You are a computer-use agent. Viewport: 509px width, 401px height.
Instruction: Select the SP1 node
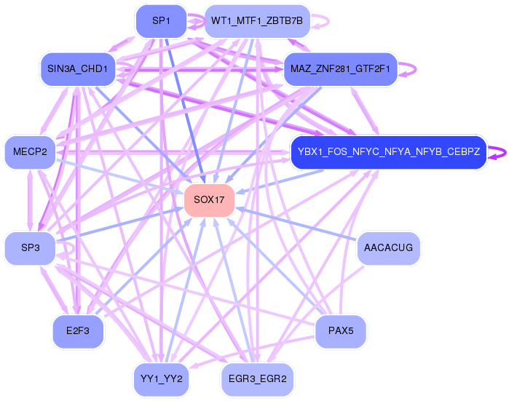[x=160, y=21]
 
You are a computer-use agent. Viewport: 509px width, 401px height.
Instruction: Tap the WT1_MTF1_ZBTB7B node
[x=257, y=21]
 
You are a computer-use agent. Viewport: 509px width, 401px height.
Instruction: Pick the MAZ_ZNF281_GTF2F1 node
[x=340, y=69]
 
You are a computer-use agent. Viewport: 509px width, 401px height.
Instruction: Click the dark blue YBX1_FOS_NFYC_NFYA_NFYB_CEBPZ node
[x=388, y=152]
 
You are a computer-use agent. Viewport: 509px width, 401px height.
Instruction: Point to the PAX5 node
[x=340, y=331]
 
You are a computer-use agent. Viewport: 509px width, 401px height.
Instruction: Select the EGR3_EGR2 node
[x=257, y=379]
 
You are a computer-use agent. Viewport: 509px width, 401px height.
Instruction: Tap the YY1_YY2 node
[x=161, y=379]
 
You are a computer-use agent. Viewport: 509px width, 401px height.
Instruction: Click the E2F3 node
[x=78, y=331]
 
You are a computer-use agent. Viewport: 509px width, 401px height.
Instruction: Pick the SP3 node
[x=30, y=248]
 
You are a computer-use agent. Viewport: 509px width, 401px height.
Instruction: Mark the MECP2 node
[x=30, y=152]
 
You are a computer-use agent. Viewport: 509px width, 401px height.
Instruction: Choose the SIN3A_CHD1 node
[x=78, y=69]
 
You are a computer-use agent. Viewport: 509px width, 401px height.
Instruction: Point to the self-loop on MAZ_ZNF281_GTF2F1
[x=410, y=68]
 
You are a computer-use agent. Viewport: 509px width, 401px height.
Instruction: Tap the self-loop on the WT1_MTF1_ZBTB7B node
[x=321, y=21]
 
